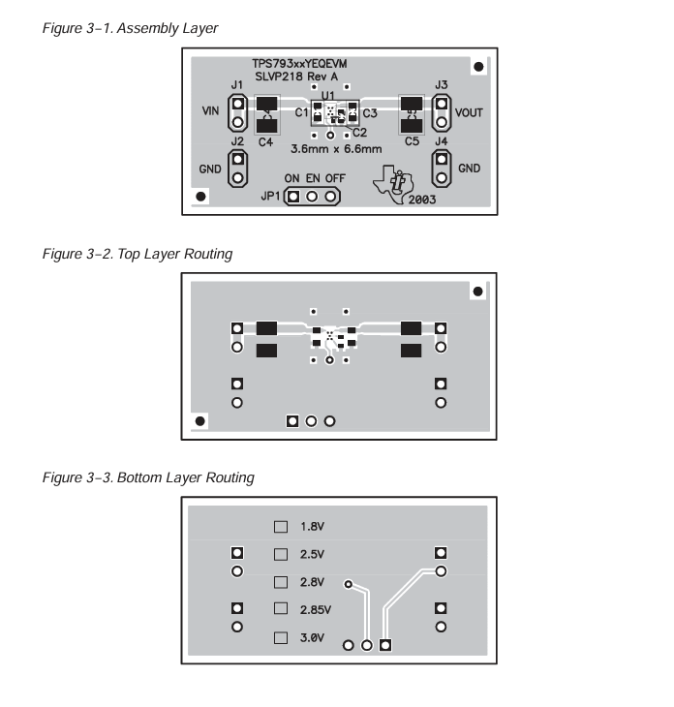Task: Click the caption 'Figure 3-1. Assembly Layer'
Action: (130, 28)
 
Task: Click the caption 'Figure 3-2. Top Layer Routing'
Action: (138, 254)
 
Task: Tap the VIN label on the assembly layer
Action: (210, 112)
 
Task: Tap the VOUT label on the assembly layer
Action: (469, 112)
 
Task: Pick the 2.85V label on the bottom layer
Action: (315, 610)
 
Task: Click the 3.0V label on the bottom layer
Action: (312, 638)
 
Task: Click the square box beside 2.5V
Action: (282, 555)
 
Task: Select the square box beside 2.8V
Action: (282, 582)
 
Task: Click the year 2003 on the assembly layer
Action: (421, 200)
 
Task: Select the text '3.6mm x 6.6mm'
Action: (336, 149)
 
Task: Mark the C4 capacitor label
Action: (265, 142)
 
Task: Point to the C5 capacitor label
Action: (412, 142)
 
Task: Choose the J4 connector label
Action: (442, 142)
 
